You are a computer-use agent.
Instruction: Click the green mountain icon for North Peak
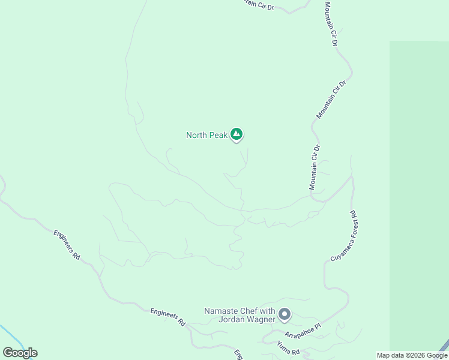(237, 134)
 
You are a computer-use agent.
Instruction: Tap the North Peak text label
(206, 136)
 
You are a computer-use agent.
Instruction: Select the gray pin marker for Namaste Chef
(285, 314)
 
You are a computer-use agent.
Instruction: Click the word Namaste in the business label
(224, 311)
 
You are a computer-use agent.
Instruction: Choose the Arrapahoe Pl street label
(303, 331)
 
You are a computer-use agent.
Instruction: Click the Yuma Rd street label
(288, 347)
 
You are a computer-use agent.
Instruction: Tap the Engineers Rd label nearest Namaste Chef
(167, 316)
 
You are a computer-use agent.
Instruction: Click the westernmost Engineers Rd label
(67, 244)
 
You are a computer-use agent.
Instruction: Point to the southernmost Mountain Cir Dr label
(315, 167)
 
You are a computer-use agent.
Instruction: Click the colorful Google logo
(20, 353)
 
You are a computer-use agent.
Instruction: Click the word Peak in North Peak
(218, 136)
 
